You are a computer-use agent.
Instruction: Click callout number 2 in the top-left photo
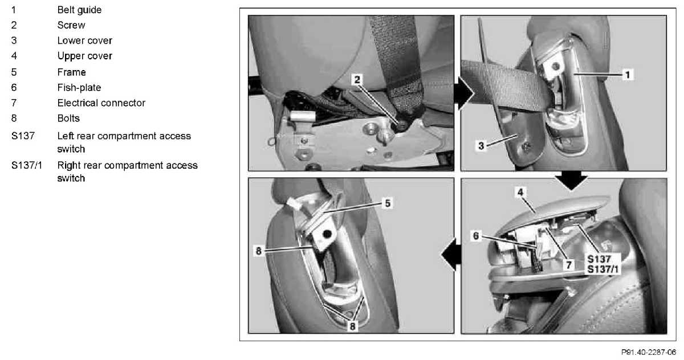click(357, 80)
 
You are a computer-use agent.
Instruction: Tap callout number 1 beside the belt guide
click(628, 75)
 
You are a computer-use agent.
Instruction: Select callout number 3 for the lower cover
click(481, 146)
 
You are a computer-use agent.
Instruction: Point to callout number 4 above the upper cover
click(520, 192)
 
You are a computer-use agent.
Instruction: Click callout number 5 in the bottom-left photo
click(388, 203)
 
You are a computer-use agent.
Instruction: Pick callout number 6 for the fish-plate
click(476, 236)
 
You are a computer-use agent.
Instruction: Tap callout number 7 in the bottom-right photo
click(569, 265)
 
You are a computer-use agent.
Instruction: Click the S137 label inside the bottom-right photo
click(599, 259)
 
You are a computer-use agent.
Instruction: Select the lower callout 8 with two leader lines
click(352, 326)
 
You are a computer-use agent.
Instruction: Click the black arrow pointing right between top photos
click(464, 93)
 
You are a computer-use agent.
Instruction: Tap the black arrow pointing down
click(571, 181)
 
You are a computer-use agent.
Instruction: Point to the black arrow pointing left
click(451, 255)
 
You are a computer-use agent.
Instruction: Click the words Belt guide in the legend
click(79, 10)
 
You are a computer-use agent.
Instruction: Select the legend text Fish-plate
click(79, 88)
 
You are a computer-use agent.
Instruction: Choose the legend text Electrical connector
click(101, 103)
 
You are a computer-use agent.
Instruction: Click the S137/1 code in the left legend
click(27, 165)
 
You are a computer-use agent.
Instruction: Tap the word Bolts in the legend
click(68, 118)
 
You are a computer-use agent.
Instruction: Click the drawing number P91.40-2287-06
click(649, 353)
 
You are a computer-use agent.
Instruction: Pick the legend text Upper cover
click(84, 56)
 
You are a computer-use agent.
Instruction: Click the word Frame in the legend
click(71, 72)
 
